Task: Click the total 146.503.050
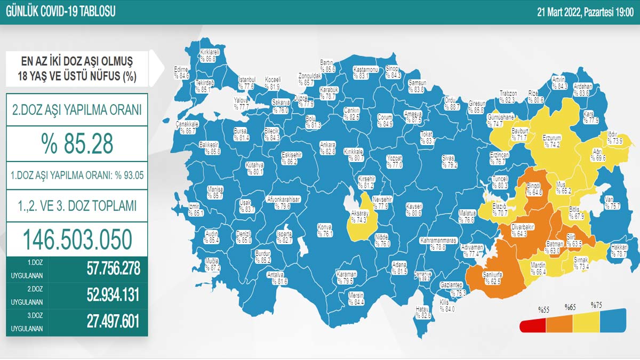click(x=77, y=239)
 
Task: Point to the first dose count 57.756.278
click(x=113, y=268)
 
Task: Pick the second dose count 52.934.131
click(x=113, y=295)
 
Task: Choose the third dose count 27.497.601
click(x=113, y=322)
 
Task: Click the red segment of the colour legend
click(x=533, y=325)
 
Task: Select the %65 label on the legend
click(x=570, y=308)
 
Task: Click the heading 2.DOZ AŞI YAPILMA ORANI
click(x=77, y=110)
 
